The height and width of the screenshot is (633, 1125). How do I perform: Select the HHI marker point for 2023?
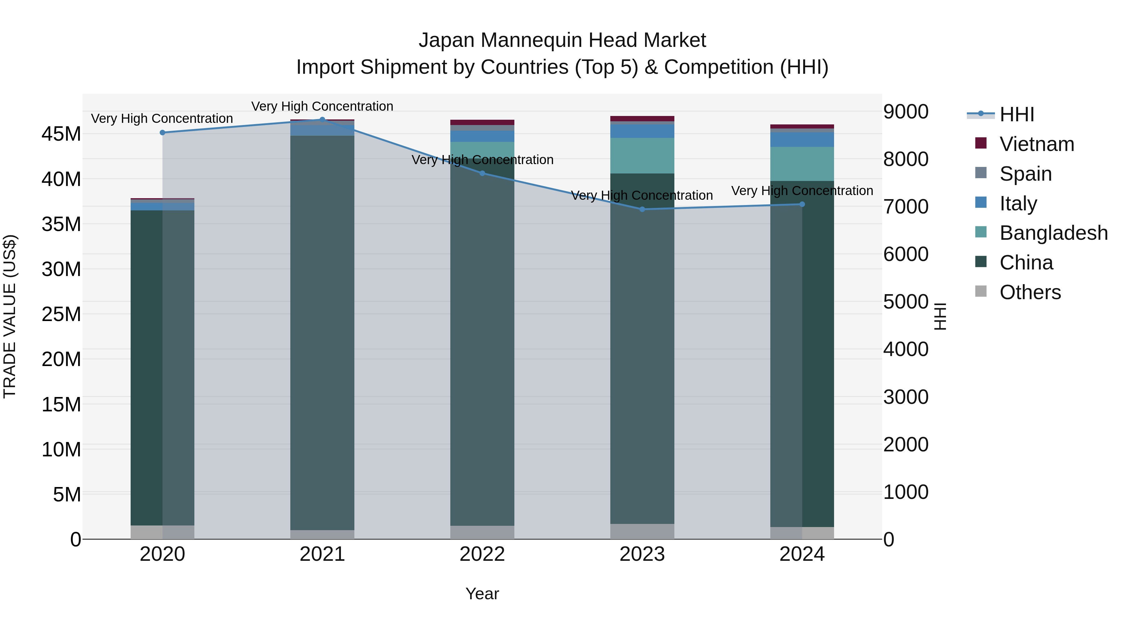(x=642, y=209)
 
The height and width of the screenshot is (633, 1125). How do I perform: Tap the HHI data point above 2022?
(x=482, y=173)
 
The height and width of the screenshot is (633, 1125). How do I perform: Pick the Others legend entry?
(x=1029, y=292)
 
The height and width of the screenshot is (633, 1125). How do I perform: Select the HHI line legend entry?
(x=1016, y=114)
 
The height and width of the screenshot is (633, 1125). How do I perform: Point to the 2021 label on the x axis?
(x=322, y=554)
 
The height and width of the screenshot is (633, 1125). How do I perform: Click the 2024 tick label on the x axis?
(x=802, y=554)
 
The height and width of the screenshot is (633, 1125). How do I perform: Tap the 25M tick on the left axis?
(x=62, y=314)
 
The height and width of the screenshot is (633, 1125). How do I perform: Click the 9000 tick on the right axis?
(x=905, y=112)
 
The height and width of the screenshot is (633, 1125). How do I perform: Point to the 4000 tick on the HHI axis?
(x=905, y=349)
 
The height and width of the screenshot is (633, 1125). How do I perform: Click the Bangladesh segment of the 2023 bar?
(x=642, y=156)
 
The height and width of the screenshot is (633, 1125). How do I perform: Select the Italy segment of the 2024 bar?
(x=802, y=139)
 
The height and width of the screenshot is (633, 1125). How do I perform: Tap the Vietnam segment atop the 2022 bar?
(x=482, y=122)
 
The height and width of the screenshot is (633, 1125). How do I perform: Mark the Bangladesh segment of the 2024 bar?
(x=802, y=164)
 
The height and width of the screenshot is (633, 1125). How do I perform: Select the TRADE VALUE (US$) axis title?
(x=10, y=316)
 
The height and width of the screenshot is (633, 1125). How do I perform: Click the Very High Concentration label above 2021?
(x=322, y=106)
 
